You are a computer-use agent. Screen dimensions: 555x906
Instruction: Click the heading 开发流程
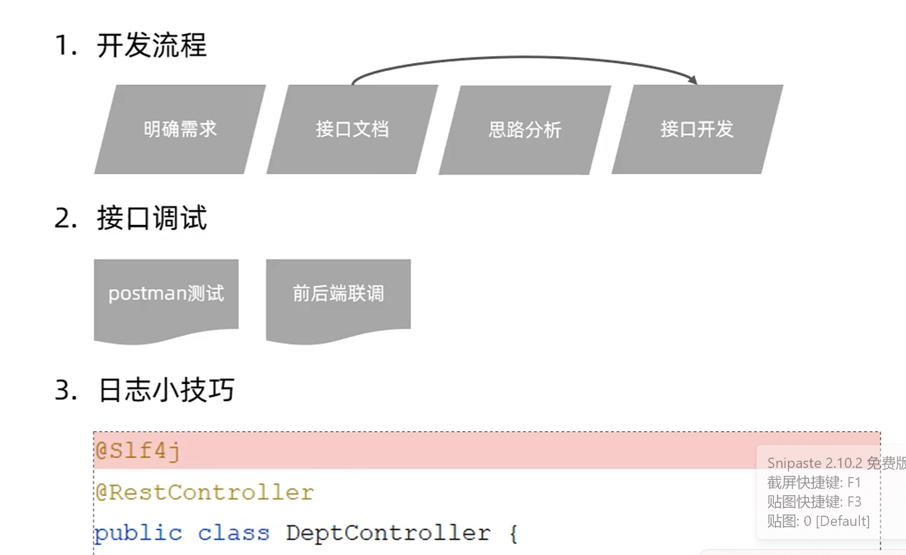(x=151, y=45)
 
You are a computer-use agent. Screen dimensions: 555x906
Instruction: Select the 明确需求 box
(x=180, y=129)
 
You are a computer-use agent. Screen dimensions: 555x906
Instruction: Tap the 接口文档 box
(x=352, y=129)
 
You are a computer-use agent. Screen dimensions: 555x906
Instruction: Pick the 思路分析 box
(x=525, y=130)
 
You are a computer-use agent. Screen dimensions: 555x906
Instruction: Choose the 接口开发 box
(x=697, y=129)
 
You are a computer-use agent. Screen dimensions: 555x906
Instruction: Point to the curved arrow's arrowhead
(x=694, y=80)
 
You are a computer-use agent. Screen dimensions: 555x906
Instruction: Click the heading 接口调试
(x=151, y=218)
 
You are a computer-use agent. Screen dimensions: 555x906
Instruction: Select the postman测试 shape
(x=166, y=294)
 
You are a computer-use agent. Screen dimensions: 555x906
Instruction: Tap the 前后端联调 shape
(x=338, y=294)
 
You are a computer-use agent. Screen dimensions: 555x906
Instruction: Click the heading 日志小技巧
(x=166, y=391)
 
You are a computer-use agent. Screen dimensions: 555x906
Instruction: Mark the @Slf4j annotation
(x=138, y=451)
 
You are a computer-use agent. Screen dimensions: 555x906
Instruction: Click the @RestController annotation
(x=205, y=493)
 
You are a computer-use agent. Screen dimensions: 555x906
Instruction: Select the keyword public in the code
(x=138, y=533)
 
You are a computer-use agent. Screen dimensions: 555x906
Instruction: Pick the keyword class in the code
(x=234, y=533)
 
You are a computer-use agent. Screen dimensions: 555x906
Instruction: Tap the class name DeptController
(x=388, y=533)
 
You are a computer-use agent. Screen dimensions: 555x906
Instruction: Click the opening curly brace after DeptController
(x=513, y=534)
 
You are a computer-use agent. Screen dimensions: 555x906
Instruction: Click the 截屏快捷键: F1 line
(x=813, y=482)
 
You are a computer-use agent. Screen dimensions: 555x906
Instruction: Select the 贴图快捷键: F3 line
(x=813, y=502)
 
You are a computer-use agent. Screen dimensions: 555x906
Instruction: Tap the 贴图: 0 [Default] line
(x=818, y=521)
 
